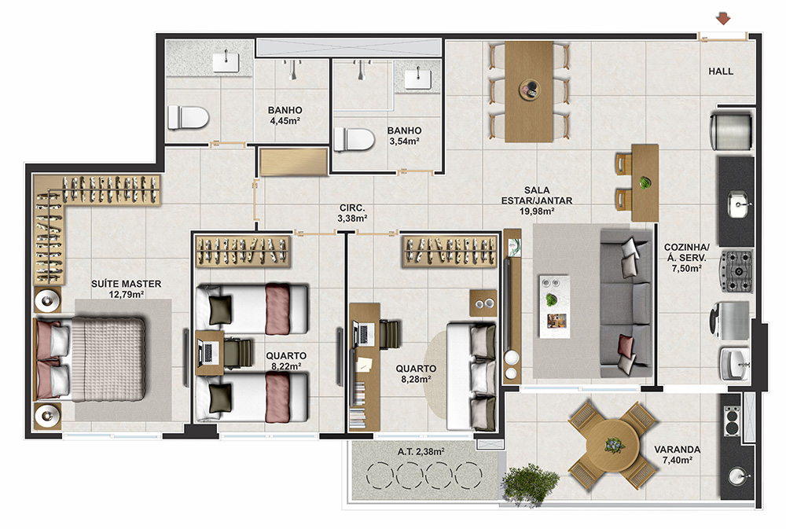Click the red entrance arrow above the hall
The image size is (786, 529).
722,19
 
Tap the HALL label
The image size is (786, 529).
720,72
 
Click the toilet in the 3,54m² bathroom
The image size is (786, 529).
354,139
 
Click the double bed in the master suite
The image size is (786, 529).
90,359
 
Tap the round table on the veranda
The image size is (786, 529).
612,446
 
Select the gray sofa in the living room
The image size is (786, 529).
626,304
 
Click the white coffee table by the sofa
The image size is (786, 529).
554,306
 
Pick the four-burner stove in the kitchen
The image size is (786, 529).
736,271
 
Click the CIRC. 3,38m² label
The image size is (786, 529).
352,213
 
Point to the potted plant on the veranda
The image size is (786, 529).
529,483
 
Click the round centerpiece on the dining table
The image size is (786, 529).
529,90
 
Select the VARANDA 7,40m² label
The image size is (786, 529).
678,455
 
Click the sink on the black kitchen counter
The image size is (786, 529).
738,204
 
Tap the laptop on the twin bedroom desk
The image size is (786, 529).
208,352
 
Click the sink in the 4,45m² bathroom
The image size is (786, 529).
226,63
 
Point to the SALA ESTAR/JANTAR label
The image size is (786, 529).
537,200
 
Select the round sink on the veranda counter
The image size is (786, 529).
737,476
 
